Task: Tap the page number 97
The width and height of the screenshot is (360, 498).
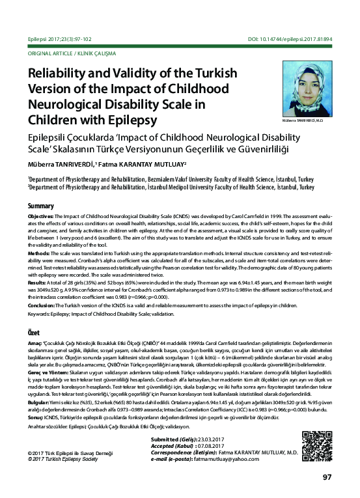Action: pos(327,477)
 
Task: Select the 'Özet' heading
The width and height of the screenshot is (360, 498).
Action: pos(35,333)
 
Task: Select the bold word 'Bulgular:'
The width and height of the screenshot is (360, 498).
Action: pos(40,403)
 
